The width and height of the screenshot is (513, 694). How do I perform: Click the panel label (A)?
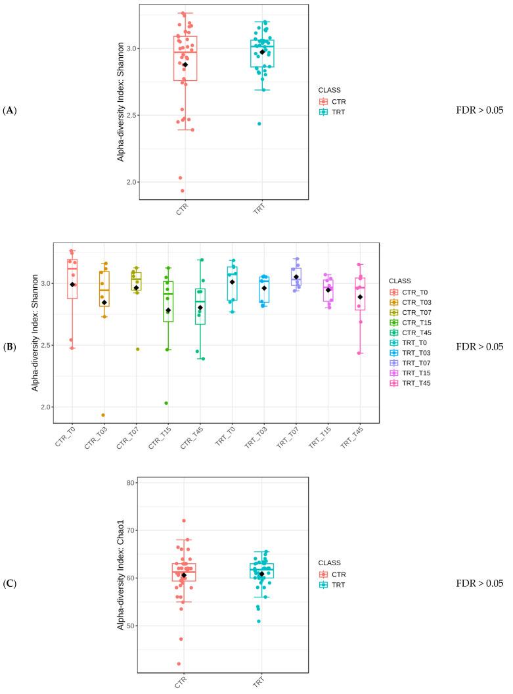(10, 110)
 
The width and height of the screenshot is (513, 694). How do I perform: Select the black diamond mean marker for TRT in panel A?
(262, 52)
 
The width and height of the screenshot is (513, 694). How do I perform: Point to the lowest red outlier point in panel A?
(182, 191)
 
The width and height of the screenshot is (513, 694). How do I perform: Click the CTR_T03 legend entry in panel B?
(411, 302)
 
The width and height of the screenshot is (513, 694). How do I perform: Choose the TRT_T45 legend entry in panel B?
(411, 382)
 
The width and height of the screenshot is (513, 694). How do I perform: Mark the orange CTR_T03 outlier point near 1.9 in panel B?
(103, 415)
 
